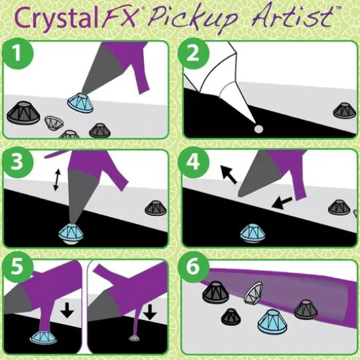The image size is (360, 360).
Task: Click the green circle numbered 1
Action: (21, 58)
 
